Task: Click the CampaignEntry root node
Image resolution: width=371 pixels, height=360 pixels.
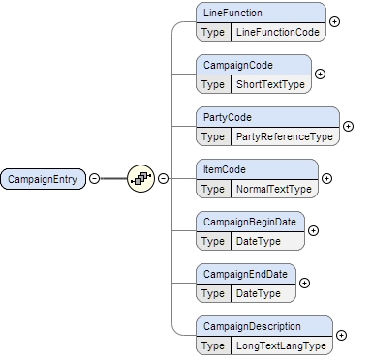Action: (44, 179)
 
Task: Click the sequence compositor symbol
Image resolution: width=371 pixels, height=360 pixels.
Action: (141, 179)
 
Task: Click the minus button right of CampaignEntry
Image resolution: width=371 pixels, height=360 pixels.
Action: (94, 179)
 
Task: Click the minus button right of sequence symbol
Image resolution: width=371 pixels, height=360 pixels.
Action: (163, 179)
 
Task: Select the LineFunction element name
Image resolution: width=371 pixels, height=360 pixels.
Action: (232, 13)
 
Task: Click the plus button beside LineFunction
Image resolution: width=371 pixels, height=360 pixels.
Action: (335, 21)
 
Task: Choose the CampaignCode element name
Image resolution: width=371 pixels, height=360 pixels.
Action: (236, 65)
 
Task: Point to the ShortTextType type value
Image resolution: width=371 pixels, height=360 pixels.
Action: (270, 84)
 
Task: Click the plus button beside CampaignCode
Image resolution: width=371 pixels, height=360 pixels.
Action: (321, 74)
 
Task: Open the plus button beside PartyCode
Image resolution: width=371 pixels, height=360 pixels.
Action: (349, 126)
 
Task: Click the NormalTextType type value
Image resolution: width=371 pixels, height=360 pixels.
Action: (274, 189)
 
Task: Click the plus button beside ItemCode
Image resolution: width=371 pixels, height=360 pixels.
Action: (326, 178)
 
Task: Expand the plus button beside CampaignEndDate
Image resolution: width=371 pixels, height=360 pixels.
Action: (304, 283)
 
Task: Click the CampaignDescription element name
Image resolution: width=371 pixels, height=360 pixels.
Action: (251, 326)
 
